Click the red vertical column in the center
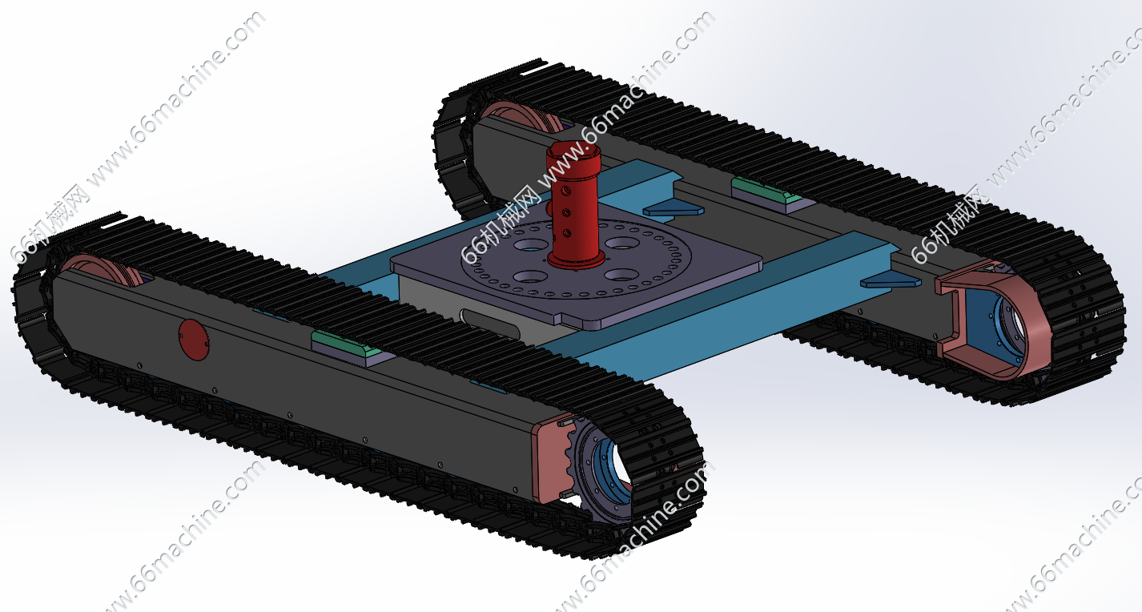coord(574,204)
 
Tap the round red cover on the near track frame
coord(194,340)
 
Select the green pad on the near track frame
coord(347,344)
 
